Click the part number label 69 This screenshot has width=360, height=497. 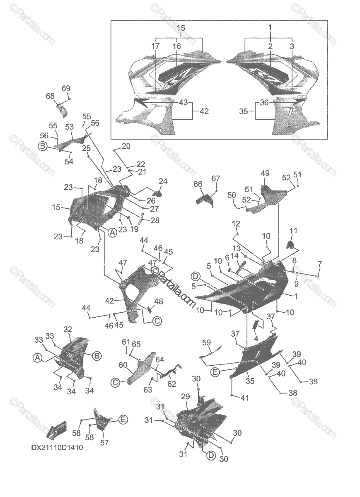[66, 88]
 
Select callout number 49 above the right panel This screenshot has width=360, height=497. [265, 173]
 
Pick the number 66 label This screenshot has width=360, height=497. [198, 184]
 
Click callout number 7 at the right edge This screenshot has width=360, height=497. [319, 264]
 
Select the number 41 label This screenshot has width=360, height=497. [245, 398]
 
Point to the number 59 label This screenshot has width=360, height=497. [206, 343]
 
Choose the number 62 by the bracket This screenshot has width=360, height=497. [172, 384]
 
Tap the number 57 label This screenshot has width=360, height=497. [104, 443]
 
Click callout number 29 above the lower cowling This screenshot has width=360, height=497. [186, 397]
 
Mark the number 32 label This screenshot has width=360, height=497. [68, 330]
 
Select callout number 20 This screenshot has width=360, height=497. [126, 146]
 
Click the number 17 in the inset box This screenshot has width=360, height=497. [155, 47]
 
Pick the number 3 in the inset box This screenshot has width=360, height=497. [292, 47]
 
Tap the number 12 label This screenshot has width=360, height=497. [236, 224]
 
